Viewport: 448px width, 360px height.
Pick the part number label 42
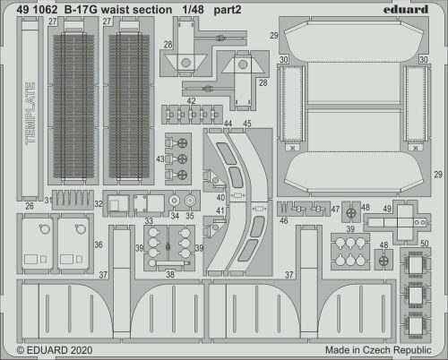pos(193,101)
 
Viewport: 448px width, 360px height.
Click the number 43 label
pos(159,159)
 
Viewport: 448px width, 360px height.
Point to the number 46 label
pos(284,219)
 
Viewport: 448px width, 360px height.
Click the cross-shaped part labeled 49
pos(406,216)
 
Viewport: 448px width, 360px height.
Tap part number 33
pos(149,221)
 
